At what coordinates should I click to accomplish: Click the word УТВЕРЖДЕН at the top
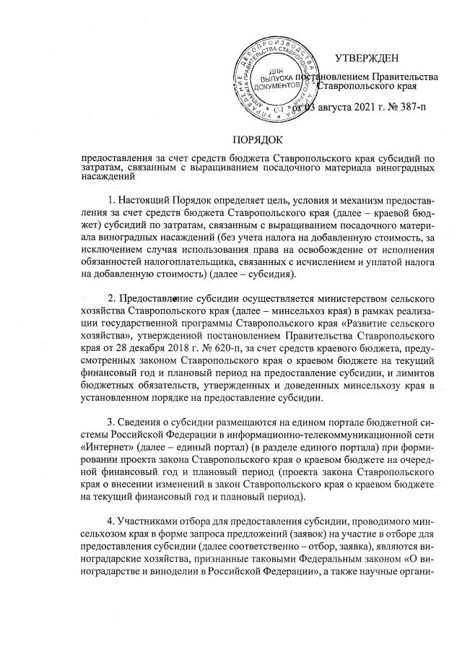(x=367, y=58)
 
